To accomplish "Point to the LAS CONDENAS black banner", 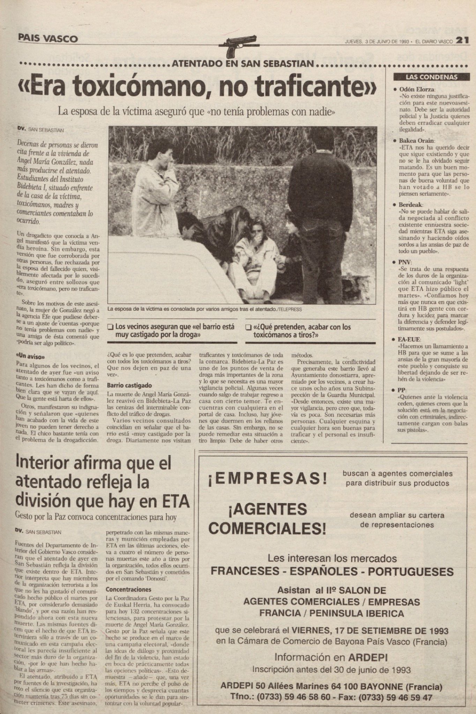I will (x=432, y=77).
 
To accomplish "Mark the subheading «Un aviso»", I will (x=31, y=357).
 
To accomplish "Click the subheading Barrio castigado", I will (x=129, y=386).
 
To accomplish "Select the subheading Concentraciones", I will (x=128, y=590).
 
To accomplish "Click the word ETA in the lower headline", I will (x=173, y=501).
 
